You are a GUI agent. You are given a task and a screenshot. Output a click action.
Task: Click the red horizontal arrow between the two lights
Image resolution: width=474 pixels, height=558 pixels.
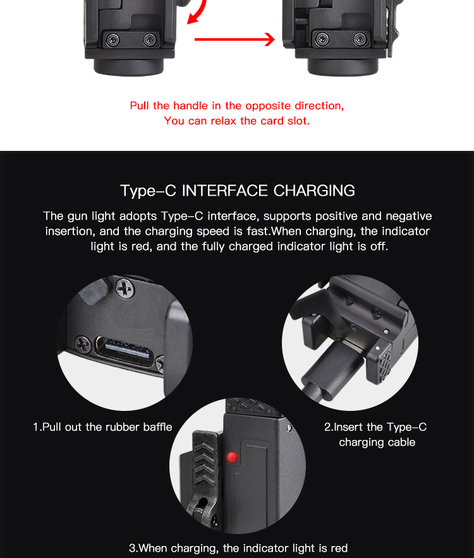(234, 39)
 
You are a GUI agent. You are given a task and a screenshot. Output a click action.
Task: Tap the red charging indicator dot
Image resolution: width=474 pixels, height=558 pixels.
(232, 457)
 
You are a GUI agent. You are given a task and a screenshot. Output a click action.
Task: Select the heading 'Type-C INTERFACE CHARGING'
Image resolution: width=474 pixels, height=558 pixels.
(238, 191)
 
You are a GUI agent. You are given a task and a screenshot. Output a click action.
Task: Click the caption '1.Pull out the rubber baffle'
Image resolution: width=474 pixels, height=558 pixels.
(102, 427)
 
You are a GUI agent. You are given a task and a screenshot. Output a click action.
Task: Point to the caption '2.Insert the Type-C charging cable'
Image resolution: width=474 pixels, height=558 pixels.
(375, 434)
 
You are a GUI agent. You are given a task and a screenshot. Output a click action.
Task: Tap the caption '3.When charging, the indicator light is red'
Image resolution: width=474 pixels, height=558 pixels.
(238, 548)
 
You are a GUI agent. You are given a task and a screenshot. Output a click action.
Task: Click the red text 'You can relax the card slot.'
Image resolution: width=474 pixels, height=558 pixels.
(237, 121)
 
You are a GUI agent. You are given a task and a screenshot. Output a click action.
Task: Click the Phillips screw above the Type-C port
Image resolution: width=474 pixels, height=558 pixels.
(125, 288)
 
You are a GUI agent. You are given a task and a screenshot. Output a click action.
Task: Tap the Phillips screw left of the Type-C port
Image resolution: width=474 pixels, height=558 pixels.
(83, 345)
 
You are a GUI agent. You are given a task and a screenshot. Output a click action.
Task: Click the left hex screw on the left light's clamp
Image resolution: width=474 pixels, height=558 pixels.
(113, 40)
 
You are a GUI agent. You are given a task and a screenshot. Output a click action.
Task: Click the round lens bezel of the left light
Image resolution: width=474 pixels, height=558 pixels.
(129, 67)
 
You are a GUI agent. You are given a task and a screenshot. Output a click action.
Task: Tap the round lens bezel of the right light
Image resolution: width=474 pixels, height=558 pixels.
(343, 67)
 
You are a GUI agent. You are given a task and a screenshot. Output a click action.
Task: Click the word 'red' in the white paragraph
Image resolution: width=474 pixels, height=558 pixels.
(140, 246)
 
